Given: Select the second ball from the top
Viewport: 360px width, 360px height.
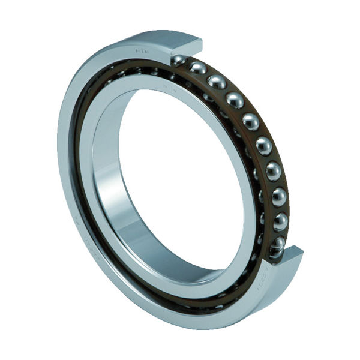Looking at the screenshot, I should coord(198,68).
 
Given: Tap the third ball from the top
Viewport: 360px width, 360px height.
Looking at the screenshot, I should coord(216,81).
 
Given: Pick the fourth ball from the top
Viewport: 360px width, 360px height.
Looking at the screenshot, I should coord(235,100).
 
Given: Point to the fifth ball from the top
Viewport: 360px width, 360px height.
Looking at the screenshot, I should coord(251,121).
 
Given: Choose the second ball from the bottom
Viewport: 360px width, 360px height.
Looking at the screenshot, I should coord(280,221).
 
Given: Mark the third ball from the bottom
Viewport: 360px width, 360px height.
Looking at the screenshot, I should coord(279,196).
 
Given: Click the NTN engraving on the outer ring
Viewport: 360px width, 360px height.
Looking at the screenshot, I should coord(142,52).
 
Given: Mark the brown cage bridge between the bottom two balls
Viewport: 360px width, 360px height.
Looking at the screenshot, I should coord(280,233).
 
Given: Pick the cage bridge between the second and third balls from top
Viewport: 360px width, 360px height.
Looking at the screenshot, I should coord(208,74).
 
